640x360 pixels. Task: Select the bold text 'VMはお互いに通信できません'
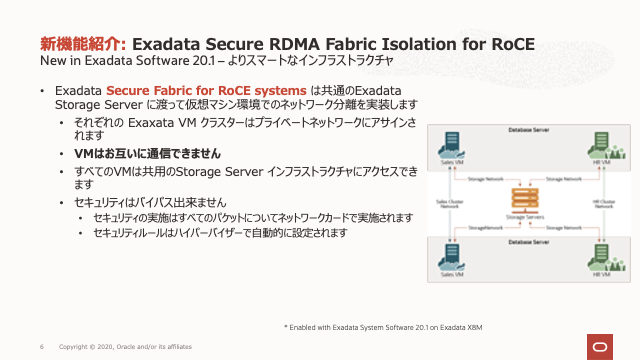(x=148, y=154)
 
